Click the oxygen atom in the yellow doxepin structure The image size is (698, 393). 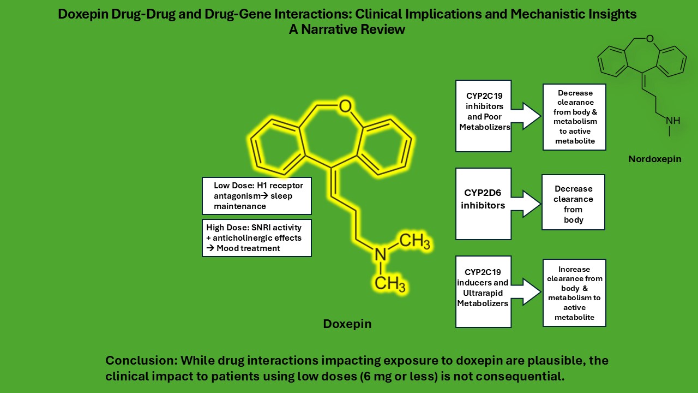[x=345, y=106]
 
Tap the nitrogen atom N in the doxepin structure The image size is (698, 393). [x=380, y=253]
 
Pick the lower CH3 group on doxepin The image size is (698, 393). [x=390, y=283]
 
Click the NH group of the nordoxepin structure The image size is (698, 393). [x=673, y=120]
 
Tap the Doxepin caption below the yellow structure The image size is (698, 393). [x=347, y=324]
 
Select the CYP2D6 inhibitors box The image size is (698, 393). [x=483, y=204]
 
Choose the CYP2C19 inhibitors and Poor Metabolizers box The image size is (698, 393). [x=483, y=116]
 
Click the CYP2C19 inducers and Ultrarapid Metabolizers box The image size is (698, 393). [x=483, y=291]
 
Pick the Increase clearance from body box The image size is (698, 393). [x=574, y=293]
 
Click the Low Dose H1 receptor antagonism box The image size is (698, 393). [x=256, y=195]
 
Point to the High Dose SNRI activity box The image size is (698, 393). [x=256, y=237]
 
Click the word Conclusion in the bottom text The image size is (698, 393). [x=140, y=361]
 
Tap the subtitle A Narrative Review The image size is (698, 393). [x=347, y=29]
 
